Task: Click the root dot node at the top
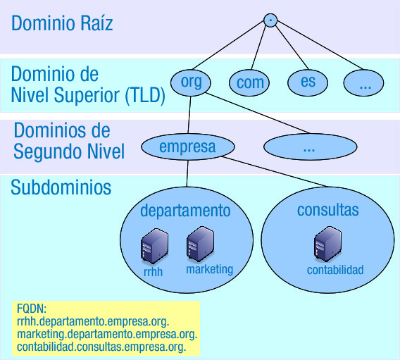point(270,20)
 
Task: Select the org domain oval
point(192,82)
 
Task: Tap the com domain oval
point(250,82)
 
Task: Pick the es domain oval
point(308,82)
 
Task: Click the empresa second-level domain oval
point(187,147)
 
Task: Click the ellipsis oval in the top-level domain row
point(365,82)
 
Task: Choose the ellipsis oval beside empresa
point(308,148)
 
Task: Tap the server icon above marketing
point(200,244)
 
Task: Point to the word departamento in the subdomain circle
point(185,211)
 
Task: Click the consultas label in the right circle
point(328,209)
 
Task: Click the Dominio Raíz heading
point(62,24)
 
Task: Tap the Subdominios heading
point(61,188)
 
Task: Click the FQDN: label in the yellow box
point(31,309)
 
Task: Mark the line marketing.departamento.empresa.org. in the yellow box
point(107,334)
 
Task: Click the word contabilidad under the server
point(335,270)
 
